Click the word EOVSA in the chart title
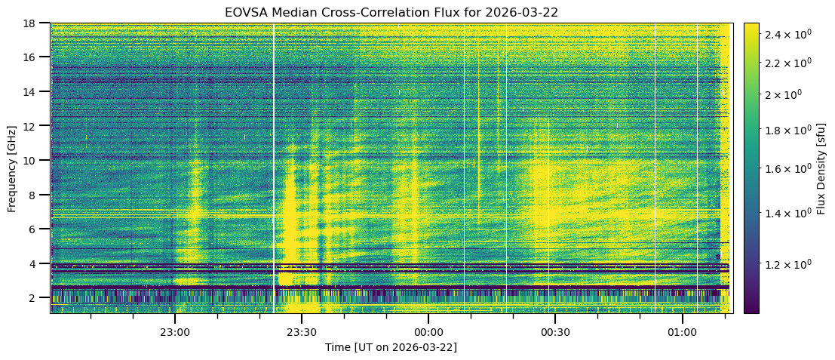243,12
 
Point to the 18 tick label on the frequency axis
33,23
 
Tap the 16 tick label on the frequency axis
33,57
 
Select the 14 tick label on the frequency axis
33,91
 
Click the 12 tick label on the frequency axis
33,126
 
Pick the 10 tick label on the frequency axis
33,160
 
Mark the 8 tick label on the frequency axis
36,195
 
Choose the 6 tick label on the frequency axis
36,229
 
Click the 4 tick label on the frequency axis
36,263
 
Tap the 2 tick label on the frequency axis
36,298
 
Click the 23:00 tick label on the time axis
174,331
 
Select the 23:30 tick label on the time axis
301,331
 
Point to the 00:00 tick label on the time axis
428,331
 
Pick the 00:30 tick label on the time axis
554,331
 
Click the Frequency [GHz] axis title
12,168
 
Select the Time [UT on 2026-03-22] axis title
391,347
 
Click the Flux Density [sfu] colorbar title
821,168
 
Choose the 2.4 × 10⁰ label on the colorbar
791,35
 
